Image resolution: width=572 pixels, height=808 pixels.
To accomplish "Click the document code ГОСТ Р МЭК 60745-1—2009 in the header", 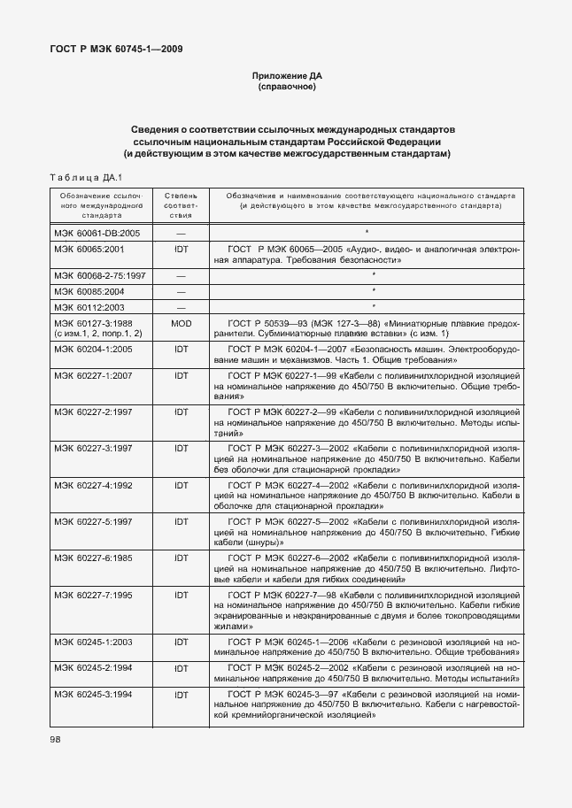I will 116,50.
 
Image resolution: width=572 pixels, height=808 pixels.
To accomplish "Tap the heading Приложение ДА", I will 286,77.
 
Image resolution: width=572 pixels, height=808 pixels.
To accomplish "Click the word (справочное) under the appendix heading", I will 286,88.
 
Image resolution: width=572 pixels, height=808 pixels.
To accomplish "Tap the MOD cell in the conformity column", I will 181,324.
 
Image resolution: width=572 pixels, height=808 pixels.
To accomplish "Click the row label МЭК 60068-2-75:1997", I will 100,275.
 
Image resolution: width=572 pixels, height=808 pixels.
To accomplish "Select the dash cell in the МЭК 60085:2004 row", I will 181,291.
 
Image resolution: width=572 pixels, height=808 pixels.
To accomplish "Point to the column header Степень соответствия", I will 181,204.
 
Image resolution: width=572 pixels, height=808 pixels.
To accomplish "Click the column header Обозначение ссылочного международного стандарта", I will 97,204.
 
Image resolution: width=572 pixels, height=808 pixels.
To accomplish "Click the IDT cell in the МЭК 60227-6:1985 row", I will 181,558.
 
